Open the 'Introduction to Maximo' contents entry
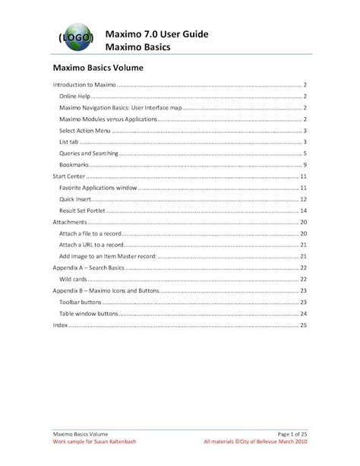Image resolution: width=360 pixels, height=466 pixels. coord(84,85)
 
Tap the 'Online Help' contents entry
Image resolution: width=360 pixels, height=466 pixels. coord(74,97)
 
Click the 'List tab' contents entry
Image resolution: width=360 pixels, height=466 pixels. coord(69,142)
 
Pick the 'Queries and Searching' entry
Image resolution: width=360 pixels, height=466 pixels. coord(88,154)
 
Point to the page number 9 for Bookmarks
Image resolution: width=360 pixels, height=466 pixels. coord(305,165)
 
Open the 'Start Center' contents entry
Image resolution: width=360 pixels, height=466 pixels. coord(70,176)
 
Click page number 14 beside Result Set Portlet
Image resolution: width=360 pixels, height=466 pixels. coord(303,211)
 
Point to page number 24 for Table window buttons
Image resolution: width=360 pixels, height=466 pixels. coord(303,313)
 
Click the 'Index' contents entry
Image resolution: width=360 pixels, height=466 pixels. coord(59,325)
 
